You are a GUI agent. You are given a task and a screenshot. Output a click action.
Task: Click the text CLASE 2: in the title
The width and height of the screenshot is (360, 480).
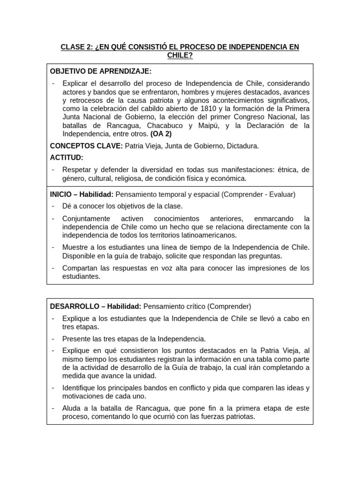[x=76, y=47]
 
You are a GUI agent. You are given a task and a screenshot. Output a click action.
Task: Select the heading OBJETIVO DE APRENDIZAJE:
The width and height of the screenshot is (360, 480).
[x=100, y=71]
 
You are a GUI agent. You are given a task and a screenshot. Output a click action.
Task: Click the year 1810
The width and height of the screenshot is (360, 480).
[x=200, y=109]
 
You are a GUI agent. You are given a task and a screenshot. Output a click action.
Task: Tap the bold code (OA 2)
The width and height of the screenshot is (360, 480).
[x=161, y=134]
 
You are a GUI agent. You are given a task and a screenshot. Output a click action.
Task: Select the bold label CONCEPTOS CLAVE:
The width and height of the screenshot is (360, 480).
[x=86, y=146]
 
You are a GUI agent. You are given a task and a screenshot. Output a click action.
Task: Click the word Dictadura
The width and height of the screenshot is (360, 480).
[x=242, y=146]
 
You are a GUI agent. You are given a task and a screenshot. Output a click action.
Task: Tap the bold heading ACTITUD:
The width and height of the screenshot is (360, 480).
[x=67, y=157]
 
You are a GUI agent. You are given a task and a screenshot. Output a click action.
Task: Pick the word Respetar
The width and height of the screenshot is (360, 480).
[x=77, y=169]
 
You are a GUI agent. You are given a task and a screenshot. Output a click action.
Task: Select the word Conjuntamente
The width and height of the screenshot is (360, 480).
[x=86, y=218]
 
